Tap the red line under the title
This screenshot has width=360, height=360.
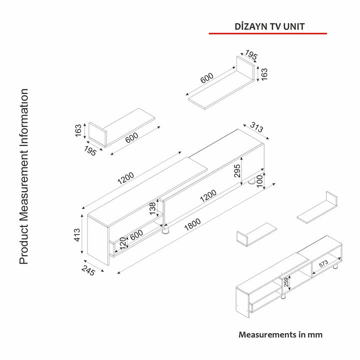(267, 33)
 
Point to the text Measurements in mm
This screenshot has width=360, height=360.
(280, 334)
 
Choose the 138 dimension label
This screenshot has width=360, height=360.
(153, 208)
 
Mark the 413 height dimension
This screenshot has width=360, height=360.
(78, 234)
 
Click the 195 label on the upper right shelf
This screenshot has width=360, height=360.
(251, 56)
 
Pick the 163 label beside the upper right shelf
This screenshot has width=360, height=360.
(264, 74)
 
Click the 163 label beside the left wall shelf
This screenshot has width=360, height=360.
(78, 130)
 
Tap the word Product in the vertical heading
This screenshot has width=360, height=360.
(24, 245)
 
